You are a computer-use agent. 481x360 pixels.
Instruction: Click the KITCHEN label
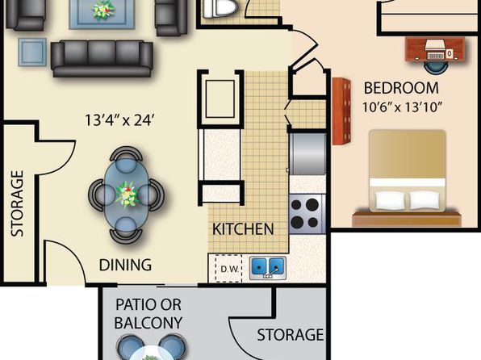tap(243, 229)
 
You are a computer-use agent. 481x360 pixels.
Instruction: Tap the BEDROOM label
tap(401, 88)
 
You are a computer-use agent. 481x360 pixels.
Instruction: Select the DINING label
tap(125, 265)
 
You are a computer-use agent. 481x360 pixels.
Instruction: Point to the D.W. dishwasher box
tap(229, 269)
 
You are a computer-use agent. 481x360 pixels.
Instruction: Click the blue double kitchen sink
tap(268, 268)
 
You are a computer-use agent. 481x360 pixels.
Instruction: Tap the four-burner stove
tap(307, 214)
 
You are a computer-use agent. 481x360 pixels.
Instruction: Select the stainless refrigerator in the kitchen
tap(307, 153)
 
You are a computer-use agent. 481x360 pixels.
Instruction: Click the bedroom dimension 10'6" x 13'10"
tap(402, 107)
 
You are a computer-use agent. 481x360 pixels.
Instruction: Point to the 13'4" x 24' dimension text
tap(119, 120)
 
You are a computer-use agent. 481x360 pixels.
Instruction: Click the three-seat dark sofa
tap(102, 58)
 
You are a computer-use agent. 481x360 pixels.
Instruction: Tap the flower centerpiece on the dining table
tap(128, 194)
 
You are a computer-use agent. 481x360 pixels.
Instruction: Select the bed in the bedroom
tap(407, 178)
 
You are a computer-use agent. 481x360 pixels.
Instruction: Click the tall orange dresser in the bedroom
tap(341, 111)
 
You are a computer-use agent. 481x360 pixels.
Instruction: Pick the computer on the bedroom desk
tap(436, 49)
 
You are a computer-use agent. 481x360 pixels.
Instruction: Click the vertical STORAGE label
tap(17, 203)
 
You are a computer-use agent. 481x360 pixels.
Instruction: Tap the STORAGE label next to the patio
tap(291, 335)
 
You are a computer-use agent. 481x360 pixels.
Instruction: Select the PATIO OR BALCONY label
tap(148, 314)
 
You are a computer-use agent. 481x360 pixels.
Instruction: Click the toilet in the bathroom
tap(220, 8)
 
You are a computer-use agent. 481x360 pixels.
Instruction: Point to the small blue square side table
tap(32, 52)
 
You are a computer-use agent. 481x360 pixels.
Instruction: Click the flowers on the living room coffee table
tap(103, 10)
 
